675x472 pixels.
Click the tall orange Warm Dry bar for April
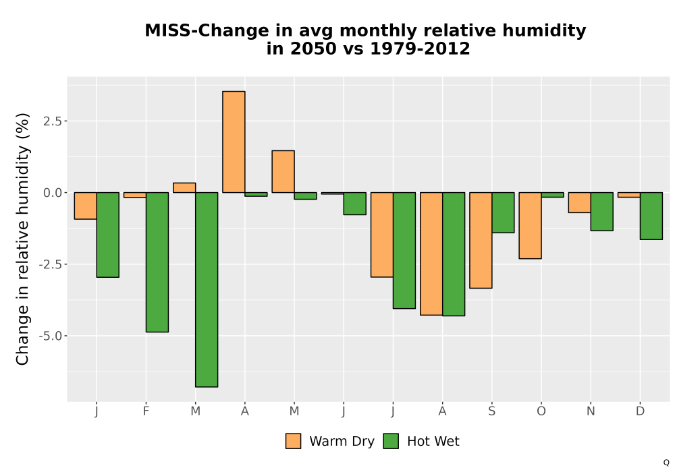[x=234, y=142]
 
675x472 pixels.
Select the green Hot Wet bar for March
[x=207, y=290]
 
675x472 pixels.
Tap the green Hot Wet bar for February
[x=157, y=262]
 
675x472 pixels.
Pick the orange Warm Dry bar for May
[x=283, y=171]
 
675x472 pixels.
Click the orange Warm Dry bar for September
[x=481, y=240]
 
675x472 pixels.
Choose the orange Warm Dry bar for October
[x=530, y=226]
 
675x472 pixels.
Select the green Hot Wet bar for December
[x=651, y=216]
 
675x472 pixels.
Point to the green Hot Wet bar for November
[x=602, y=212]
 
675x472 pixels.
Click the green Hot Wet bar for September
[x=504, y=213]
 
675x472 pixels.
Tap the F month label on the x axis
[x=146, y=411]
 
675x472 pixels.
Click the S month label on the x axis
[x=491, y=411]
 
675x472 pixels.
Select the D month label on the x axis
[x=640, y=411]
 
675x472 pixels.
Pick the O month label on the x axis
[x=541, y=411]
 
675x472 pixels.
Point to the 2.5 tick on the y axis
[x=53, y=121]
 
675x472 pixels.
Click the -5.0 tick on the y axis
[x=51, y=336]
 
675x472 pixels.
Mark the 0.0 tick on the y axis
[x=53, y=193]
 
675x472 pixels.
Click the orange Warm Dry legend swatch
[x=293, y=441]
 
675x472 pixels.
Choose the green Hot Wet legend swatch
[x=391, y=441]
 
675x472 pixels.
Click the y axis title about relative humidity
[x=22, y=239]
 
